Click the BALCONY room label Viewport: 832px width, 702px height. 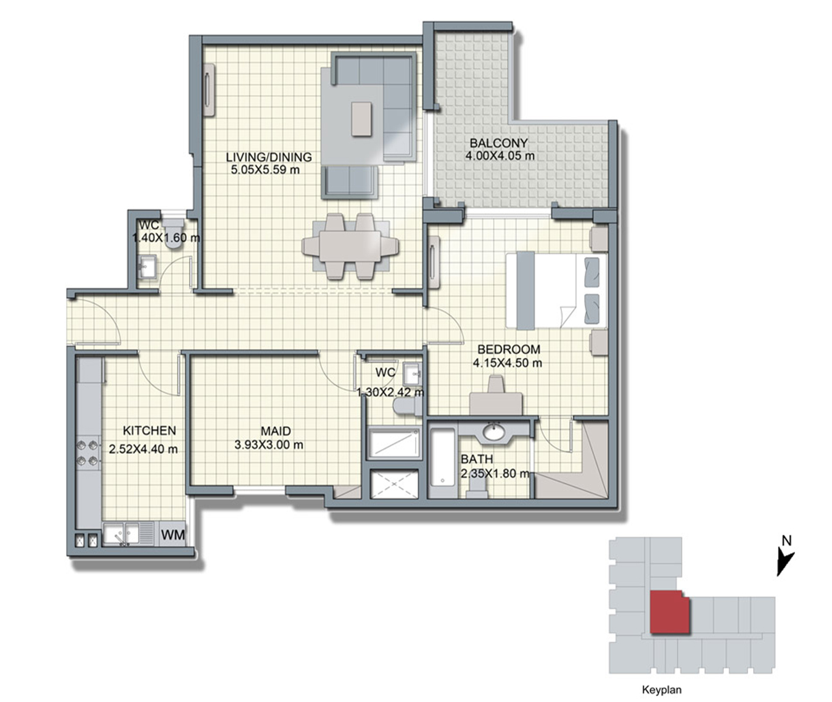click(x=498, y=143)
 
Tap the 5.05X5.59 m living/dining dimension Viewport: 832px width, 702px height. click(x=265, y=170)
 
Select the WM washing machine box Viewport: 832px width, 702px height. click(x=173, y=534)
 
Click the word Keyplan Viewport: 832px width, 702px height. click(x=662, y=690)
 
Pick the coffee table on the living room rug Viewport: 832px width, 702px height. click(x=362, y=119)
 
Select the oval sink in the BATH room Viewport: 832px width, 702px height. click(x=494, y=433)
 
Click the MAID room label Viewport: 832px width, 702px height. click(x=276, y=431)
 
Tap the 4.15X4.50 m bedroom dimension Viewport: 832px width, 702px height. click(x=507, y=363)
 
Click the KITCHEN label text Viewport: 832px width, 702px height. click(x=149, y=431)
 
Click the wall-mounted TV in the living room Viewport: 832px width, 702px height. click(x=210, y=91)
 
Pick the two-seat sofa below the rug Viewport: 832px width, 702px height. click(x=350, y=183)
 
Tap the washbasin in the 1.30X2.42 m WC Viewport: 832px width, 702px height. click(x=413, y=373)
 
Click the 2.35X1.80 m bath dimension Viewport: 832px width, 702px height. click(x=495, y=474)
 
